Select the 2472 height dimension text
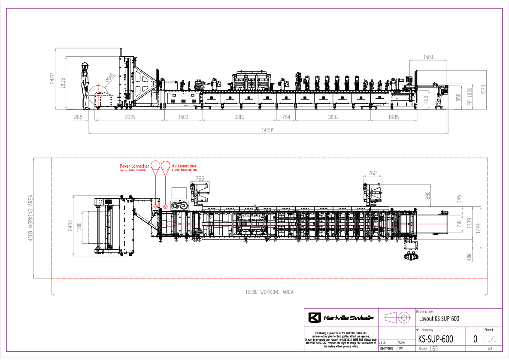tap(52, 78)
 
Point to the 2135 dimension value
tap(63, 83)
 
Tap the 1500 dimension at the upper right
tap(428, 57)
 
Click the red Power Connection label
tap(134, 166)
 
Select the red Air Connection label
tap(184, 166)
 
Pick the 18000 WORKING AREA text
tap(270, 292)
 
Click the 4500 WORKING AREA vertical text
tap(30, 218)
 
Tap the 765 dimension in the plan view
tap(200, 178)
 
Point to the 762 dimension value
tap(373, 173)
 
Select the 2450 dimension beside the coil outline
tap(70, 226)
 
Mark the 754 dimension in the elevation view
tap(286, 117)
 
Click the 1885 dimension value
tap(393, 117)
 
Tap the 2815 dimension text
tap(130, 117)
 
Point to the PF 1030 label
tap(470, 97)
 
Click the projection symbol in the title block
tap(397, 318)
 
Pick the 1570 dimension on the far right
tap(484, 90)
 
